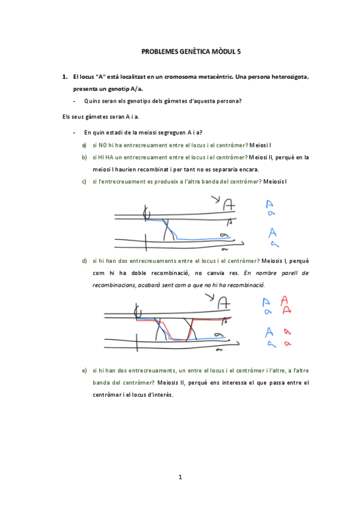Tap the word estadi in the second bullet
[120, 132]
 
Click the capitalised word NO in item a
[102, 145]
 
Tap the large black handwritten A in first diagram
[228, 205]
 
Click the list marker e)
[85, 370]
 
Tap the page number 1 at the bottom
[180, 477]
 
